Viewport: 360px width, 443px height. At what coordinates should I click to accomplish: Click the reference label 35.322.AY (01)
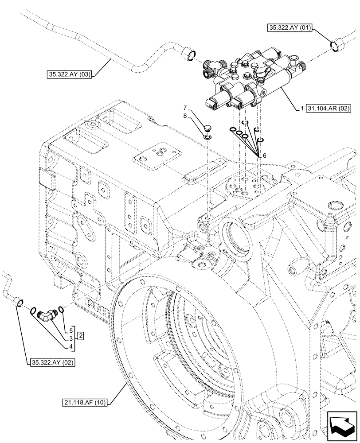tap(290, 28)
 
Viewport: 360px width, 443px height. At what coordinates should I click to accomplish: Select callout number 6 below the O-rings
tap(265, 155)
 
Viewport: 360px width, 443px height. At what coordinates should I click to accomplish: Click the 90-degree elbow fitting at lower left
tap(47, 315)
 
